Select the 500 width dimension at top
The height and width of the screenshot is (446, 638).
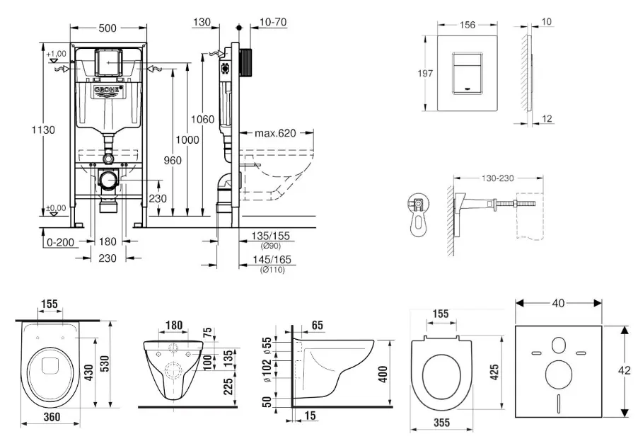click(108, 29)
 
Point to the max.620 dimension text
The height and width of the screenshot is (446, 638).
click(275, 133)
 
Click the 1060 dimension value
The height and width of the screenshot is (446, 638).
click(203, 120)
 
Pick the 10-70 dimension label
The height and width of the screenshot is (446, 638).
click(273, 23)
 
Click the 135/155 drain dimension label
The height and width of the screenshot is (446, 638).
click(272, 236)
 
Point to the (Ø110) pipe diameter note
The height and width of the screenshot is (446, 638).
click(272, 270)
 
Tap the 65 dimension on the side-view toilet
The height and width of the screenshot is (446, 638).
click(316, 324)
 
